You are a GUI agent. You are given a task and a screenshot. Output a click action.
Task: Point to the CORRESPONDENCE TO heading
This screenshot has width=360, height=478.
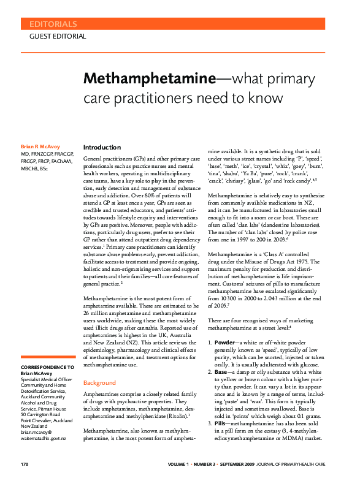point(48,366)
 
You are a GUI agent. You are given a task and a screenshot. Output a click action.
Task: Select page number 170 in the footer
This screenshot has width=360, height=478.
point(25,464)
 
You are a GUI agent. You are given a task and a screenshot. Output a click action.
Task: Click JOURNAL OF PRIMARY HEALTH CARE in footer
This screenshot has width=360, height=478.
point(308,464)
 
